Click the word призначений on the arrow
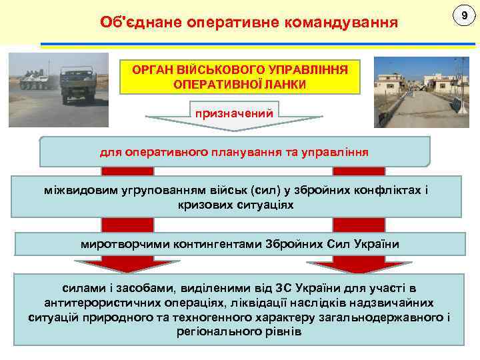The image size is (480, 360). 233,113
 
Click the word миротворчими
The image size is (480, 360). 125,244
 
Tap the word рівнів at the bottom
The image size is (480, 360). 283,331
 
